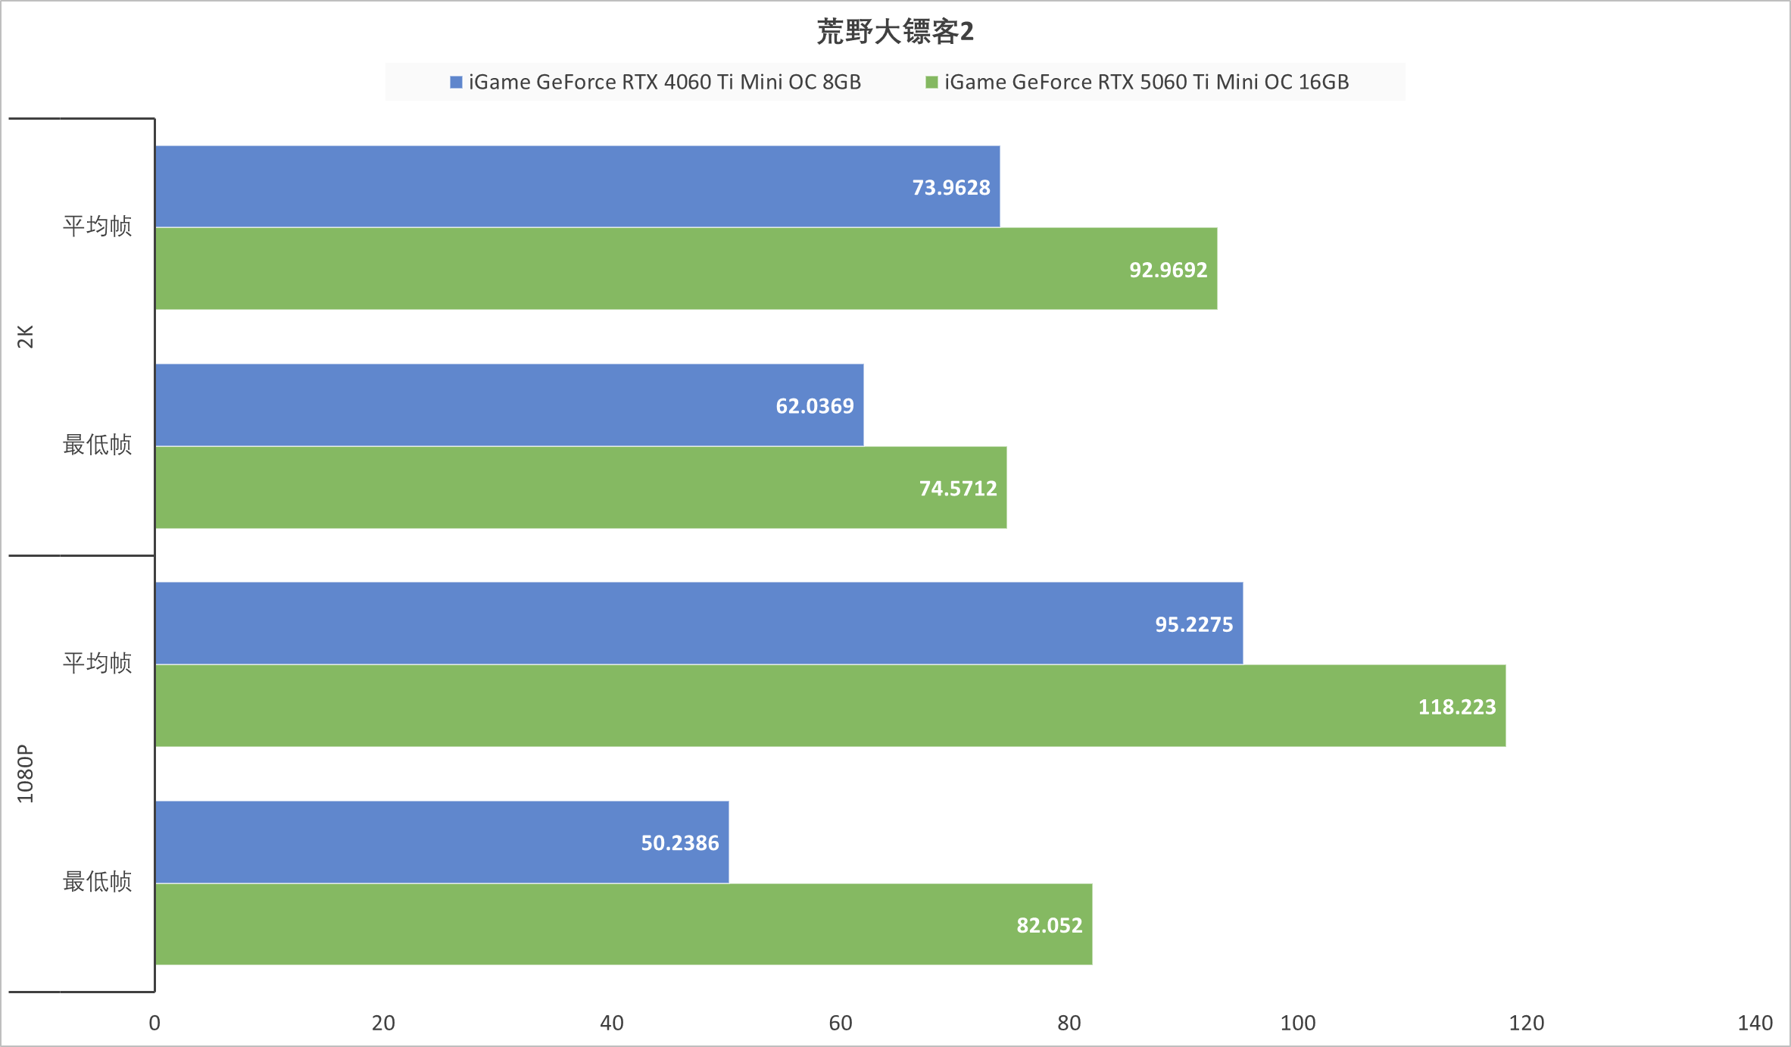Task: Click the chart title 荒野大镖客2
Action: [895, 32]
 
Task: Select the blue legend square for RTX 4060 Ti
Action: [456, 82]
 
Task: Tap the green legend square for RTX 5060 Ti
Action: [931, 82]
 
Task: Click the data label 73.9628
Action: [950, 187]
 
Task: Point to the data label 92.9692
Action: [1168, 270]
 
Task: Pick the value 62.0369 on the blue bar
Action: [814, 406]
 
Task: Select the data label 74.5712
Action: [958, 489]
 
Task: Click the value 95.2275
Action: [1193, 624]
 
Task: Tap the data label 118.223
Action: [1456, 707]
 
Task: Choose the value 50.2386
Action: [679, 843]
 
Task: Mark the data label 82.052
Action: [1049, 925]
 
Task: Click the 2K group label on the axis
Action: [26, 336]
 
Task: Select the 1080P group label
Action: [26, 774]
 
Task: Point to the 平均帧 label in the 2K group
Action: [97, 226]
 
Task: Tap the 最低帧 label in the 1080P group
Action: [97, 881]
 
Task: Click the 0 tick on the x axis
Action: [154, 1023]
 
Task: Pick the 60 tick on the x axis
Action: [841, 1023]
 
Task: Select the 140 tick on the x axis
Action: [1755, 1023]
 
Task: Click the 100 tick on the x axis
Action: [1297, 1023]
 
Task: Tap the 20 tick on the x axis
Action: [383, 1023]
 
